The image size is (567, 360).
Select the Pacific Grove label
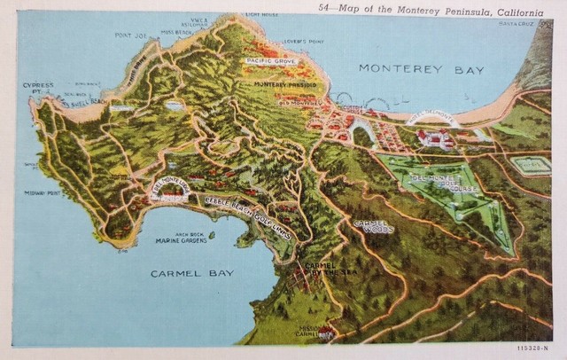pyautogui.click(x=271, y=60)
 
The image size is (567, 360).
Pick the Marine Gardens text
pyautogui.click(x=181, y=240)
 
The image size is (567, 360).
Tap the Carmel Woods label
pyautogui.click(x=374, y=225)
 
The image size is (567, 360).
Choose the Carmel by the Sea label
pyautogui.click(x=320, y=270)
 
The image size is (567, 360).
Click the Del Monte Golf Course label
pyautogui.click(x=445, y=183)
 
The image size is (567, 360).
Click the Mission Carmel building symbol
pyautogui.click(x=326, y=333)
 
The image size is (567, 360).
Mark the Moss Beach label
pyautogui.click(x=178, y=32)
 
